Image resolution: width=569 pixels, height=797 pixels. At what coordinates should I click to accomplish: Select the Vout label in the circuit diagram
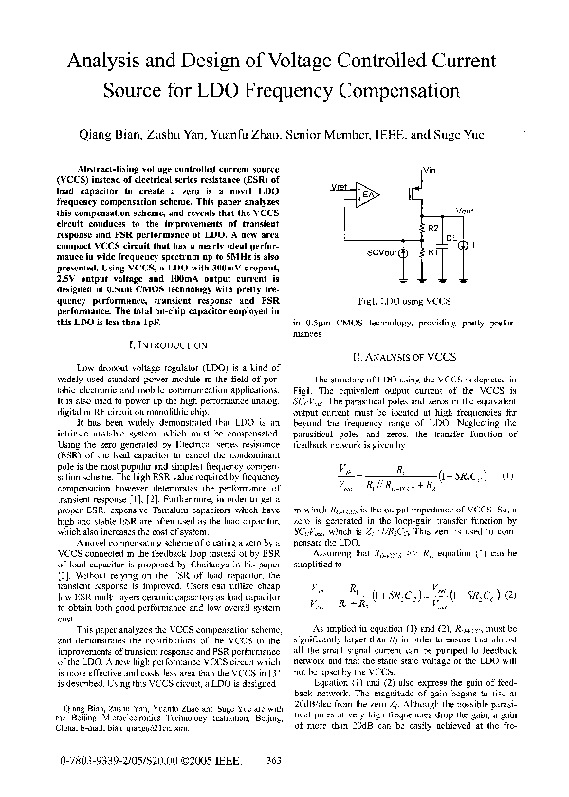click(465, 211)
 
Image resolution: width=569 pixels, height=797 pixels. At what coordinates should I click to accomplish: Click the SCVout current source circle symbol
click(402, 253)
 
